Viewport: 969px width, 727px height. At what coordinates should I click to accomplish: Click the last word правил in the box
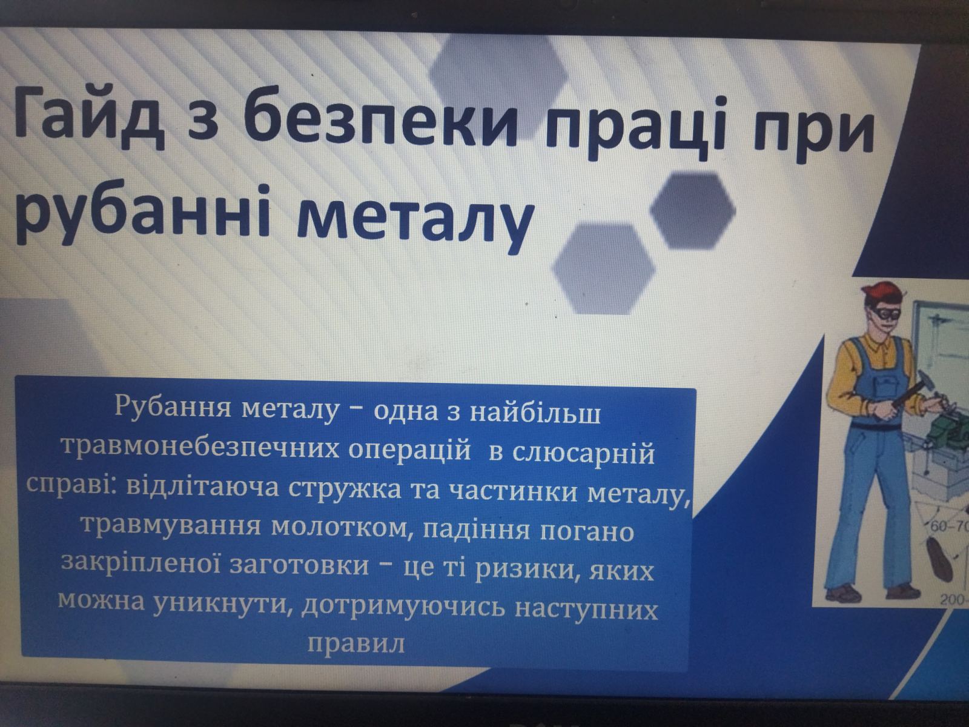(357, 642)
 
